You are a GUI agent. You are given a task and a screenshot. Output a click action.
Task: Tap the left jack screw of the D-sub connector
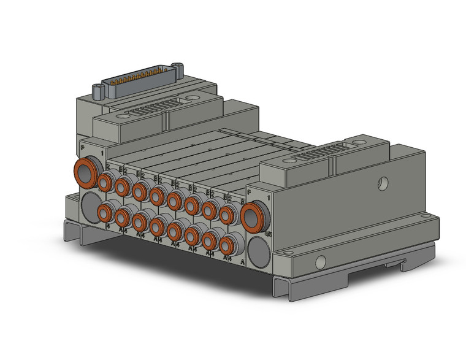97,92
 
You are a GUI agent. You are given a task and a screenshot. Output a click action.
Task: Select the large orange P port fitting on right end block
251,216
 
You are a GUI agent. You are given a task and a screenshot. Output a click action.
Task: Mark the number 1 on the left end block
101,151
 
